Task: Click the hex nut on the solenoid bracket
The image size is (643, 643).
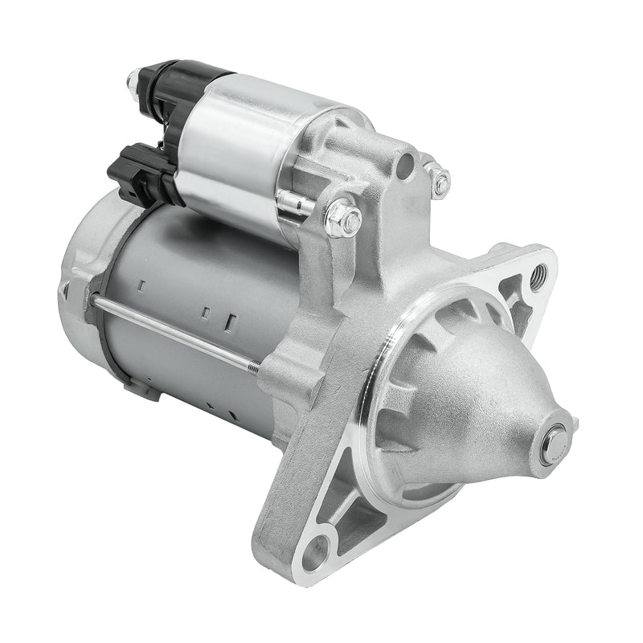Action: point(343,218)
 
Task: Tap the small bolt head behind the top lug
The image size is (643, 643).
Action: point(440,182)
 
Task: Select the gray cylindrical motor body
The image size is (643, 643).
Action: point(201,305)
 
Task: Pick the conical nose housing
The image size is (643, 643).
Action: point(474,402)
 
